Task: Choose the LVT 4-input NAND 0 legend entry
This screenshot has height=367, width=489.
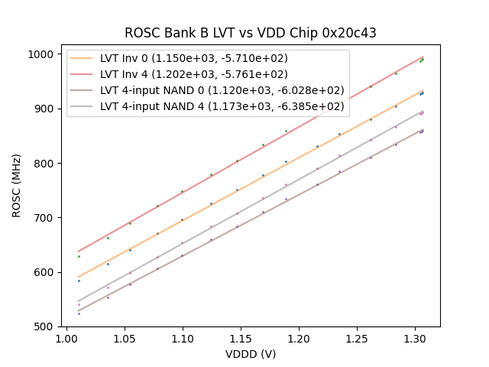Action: tap(222, 90)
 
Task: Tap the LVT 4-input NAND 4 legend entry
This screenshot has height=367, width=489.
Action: tap(222, 106)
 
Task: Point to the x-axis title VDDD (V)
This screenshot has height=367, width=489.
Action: tap(251, 354)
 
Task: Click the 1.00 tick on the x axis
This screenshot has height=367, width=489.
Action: tap(66, 337)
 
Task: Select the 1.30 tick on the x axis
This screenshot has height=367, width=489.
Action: tap(415, 337)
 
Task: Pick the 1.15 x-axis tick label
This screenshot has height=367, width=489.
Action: tap(241, 337)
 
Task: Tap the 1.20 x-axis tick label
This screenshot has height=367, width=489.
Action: tap(299, 337)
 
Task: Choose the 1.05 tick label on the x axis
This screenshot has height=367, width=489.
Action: tap(125, 337)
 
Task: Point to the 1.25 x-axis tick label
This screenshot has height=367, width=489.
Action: tap(357, 337)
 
